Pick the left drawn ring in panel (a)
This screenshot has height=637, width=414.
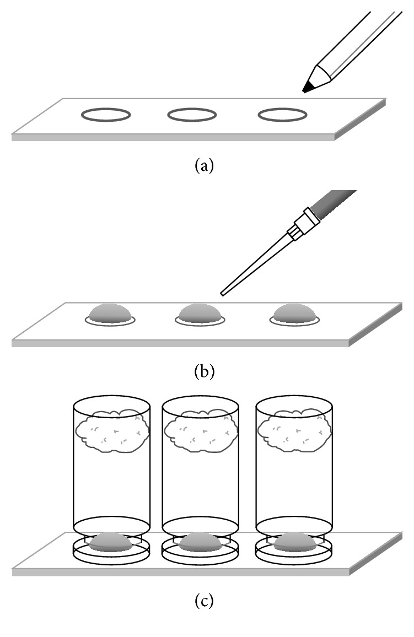[106, 115]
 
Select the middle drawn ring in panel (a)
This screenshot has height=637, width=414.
[192, 115]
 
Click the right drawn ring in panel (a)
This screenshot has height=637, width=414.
[282, 115]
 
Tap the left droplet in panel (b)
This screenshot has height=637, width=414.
[111, 314]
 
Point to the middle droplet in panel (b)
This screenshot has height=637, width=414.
[201, 314]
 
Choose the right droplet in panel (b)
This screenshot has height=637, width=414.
[295, 314]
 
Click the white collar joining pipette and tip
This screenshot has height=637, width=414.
[303, 223]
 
